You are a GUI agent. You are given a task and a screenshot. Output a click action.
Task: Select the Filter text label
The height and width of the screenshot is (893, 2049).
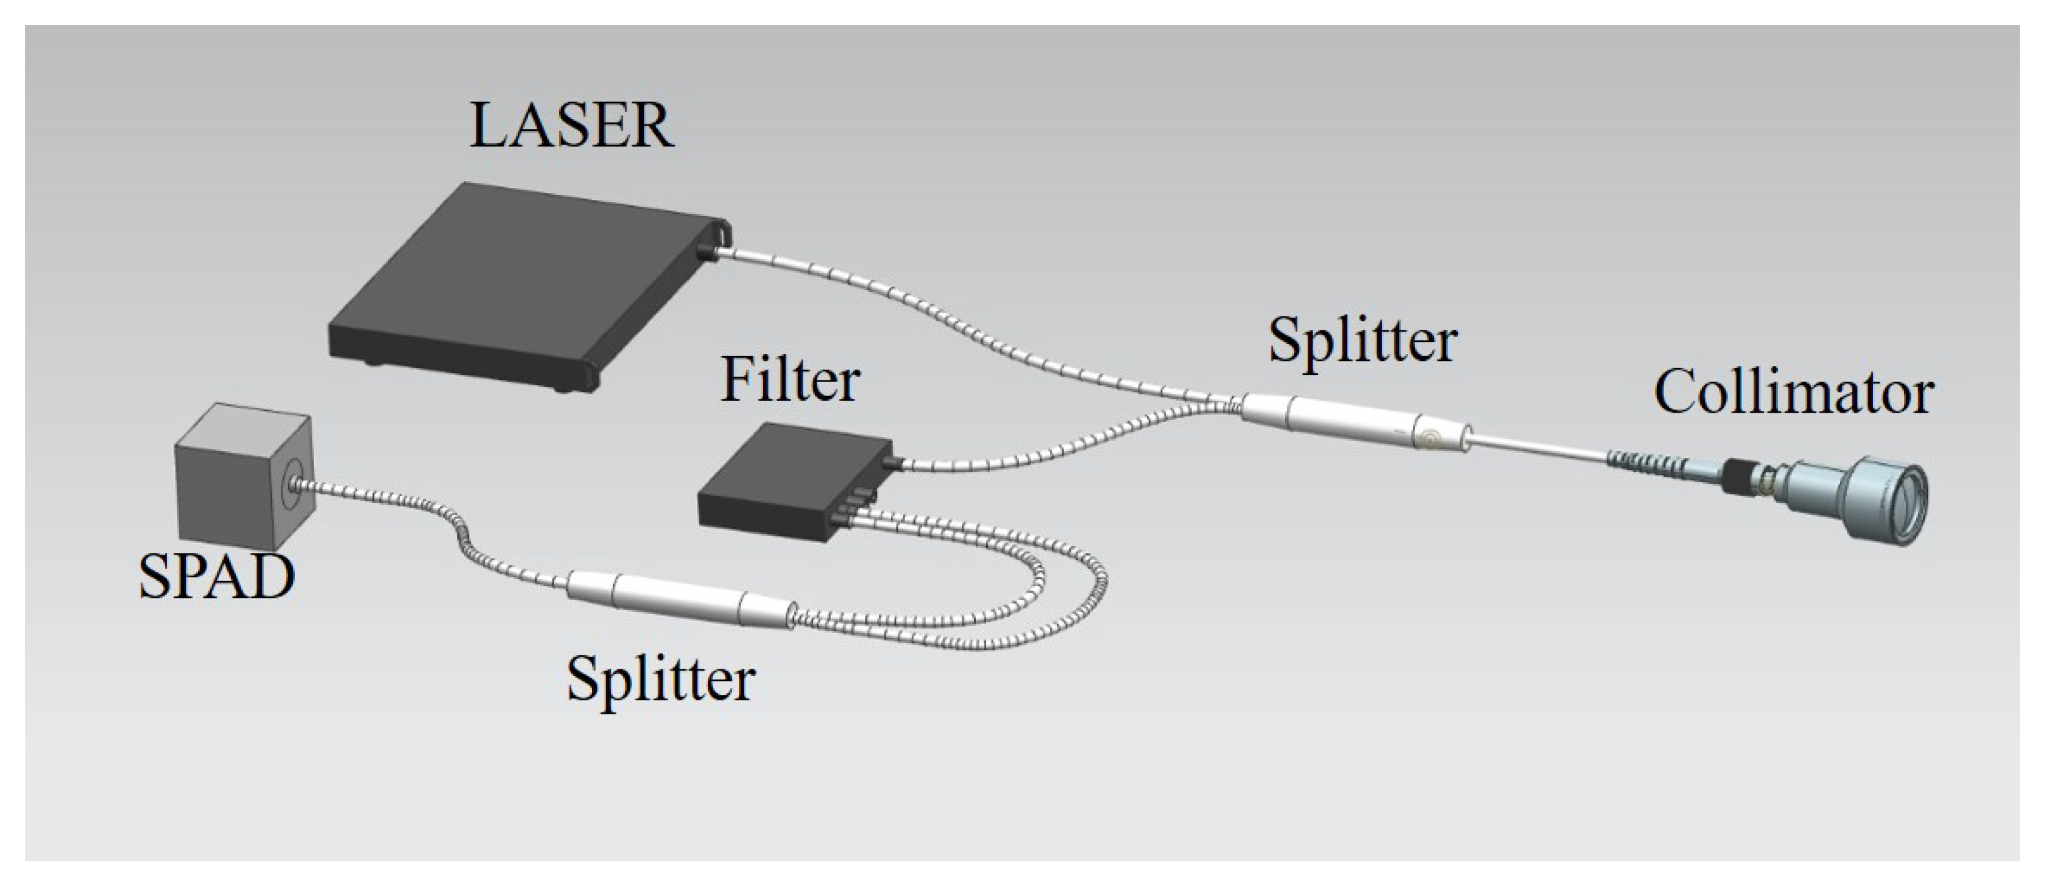(790, 380)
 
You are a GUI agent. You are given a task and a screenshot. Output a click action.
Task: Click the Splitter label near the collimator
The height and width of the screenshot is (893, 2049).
(1363, 341)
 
